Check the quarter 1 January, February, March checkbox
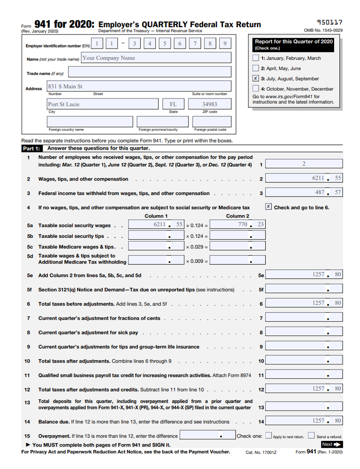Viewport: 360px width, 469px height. [255, 58]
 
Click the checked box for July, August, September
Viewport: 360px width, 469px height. [255, 78]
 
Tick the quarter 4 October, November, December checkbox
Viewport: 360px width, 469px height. [255, 88]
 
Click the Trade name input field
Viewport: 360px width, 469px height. [150, 72]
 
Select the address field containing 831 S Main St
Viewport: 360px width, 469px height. [139, 86]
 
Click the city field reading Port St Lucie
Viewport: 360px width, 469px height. [103, 104]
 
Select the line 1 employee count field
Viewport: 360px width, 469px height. [304, 164]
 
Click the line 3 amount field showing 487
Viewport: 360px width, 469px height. [304, 192]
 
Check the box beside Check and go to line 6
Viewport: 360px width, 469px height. [268, 206]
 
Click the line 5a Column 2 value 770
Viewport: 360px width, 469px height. [237, 225]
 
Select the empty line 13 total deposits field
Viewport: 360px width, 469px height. [304, 408]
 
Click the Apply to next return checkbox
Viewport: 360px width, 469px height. [268, 436]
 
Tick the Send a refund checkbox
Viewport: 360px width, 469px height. [311, 436]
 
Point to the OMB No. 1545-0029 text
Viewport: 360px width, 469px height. [323, 30]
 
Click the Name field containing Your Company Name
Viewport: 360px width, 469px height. [156, 58]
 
